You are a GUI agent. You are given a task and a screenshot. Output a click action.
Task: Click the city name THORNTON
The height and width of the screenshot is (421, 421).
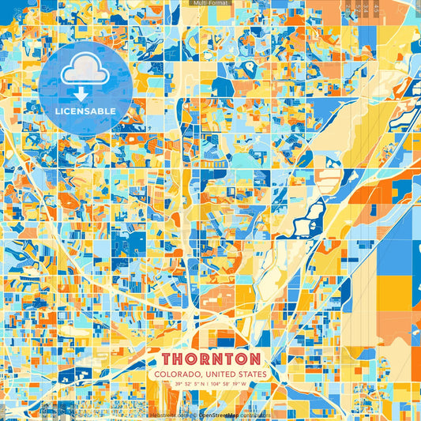(x=210, y=359)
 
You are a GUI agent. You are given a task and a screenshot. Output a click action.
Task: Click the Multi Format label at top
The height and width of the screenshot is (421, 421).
(x=210, y=3)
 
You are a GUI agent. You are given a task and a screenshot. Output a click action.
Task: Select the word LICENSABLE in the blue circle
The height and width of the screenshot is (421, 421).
(x=86, y=111)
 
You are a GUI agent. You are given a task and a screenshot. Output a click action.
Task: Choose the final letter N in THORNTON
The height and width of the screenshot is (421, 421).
(x=259, y=359)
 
